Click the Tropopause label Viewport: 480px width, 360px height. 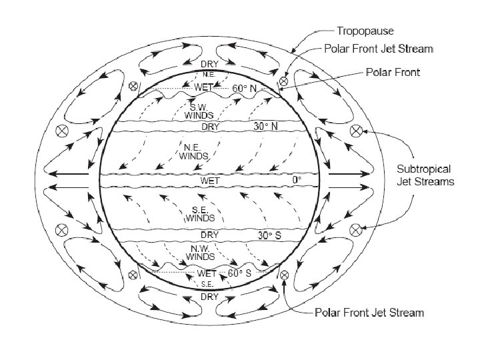366,31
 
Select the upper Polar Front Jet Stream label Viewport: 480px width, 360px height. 379,49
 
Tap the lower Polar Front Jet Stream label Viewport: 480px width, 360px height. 369,313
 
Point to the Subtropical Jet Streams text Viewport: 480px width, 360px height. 426,175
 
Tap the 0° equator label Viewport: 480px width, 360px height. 297,180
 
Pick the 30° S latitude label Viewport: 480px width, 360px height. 269,235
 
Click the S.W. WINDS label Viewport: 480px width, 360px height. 201,111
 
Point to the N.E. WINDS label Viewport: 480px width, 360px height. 194,152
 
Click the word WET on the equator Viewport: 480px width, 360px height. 210,180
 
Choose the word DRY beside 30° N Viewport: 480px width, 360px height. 211,126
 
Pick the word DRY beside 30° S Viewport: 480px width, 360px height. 209,235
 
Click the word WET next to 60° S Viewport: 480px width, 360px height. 207,273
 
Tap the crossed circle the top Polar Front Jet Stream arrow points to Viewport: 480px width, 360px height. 283,81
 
